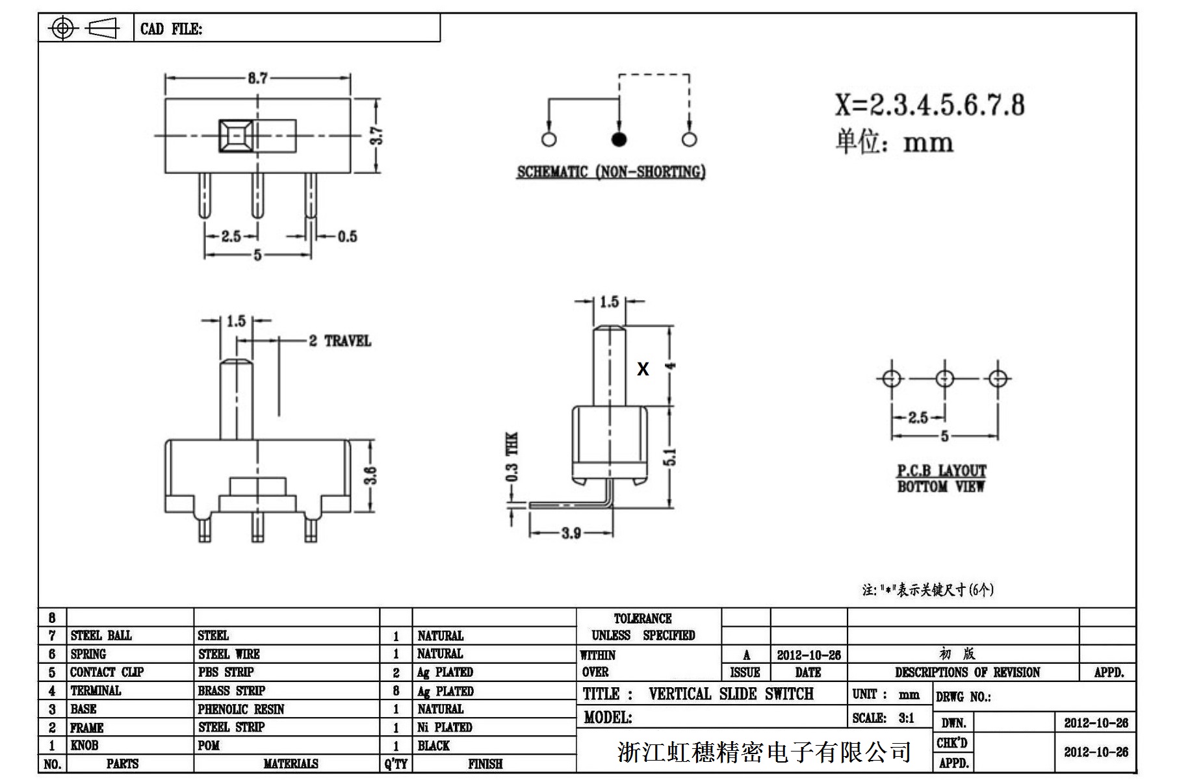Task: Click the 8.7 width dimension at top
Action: click(257, 79)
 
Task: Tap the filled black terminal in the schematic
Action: click(619, 139)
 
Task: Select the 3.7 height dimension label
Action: click(376, 136)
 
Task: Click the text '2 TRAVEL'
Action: click(340, 341)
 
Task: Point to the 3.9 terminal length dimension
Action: click(571, 533)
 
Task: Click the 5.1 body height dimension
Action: click(670, 457)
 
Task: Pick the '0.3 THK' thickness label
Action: click(512, 457)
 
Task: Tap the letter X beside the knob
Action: click(643, 369)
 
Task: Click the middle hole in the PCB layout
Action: click(944, 378)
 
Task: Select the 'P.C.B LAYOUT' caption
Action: click(941, 470)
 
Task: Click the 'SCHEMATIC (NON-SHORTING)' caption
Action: click(611, 172)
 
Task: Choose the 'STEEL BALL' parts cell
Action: click(101, 635)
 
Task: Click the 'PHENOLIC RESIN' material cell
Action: click(241, 709)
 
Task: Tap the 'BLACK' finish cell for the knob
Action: click(433, 746)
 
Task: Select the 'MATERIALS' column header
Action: click(291, 764)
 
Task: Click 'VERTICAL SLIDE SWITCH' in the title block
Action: click(731, 694)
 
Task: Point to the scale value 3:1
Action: click(906, 718)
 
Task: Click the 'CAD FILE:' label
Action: click(171, 29)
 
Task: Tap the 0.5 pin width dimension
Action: click(347, 236)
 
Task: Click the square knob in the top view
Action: click(237, 136)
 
